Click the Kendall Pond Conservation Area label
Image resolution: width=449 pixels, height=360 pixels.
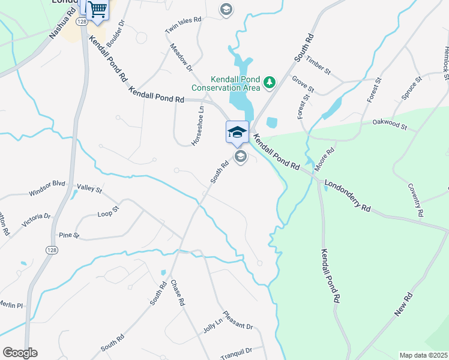226,83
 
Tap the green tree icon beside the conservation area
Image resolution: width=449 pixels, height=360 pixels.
270,81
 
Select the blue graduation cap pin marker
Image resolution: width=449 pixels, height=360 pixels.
237,131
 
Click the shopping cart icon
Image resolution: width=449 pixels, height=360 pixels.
97,9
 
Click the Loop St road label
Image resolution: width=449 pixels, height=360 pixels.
109,211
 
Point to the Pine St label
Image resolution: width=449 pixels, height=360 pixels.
69,235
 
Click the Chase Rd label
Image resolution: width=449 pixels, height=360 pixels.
176,293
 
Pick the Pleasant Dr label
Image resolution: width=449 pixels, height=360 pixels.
238,320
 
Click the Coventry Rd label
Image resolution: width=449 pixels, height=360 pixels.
416,200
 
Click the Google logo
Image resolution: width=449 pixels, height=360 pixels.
20,353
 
